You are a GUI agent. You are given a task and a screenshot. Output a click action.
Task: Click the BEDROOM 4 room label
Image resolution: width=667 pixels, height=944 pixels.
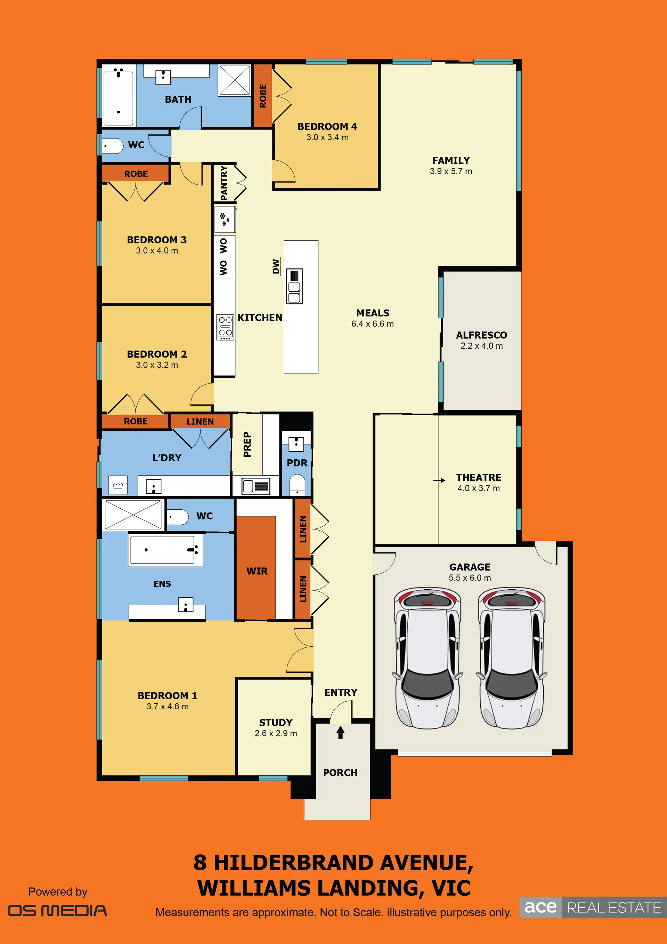(x=327, y=127)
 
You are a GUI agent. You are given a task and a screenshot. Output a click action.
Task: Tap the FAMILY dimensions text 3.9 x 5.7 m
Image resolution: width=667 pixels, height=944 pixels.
(x=451, y=171)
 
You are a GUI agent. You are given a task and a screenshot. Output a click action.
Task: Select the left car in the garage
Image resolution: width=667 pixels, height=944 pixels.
(x=428, y=658)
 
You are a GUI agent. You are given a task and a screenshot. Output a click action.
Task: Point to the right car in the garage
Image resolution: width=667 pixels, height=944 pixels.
(x=512, y=658)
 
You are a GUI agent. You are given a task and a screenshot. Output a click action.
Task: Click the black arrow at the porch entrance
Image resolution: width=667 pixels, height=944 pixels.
(x=340, y=732)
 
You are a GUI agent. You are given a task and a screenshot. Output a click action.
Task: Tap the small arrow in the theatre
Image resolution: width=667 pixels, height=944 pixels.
(x=439, y=480)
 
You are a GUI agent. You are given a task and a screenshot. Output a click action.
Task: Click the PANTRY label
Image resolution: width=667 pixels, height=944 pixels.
(x=224, y=183)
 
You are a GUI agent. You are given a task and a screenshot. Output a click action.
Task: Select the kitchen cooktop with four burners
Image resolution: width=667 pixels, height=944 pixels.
(x=225, y=327)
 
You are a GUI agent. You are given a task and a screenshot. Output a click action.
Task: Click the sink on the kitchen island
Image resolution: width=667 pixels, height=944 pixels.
(x=294, y=286)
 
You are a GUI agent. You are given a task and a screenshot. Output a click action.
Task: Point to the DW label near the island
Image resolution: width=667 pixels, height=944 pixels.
(x=276, y=266)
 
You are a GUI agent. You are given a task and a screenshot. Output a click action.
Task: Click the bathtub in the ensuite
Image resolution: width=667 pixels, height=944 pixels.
(x=165, y=550)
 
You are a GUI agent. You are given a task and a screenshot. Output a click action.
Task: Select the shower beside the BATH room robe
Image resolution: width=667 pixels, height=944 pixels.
(x=235, y=80)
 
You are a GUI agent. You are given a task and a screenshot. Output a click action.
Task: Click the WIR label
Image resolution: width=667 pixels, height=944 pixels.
(x=257, y=571)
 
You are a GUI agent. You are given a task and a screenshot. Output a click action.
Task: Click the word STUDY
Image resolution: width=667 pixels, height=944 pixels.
(x=276, y=723)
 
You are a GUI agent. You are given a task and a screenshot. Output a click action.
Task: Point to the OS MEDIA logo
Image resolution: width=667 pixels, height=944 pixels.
(x=58, y=911)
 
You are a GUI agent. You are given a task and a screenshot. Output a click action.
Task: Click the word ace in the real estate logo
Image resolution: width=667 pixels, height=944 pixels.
(x=540, y=907)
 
